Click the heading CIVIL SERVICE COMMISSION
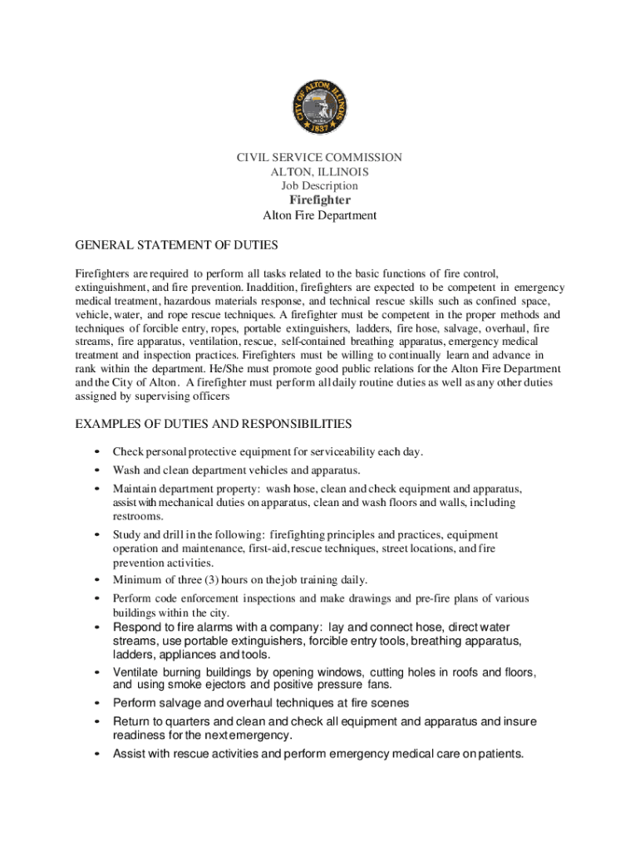(x=320, y=157)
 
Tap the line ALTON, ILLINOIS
(x=320, y=172)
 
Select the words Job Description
(x=320, y=186)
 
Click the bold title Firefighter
(x=320, y=200)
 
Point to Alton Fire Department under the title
(x=320, y=215)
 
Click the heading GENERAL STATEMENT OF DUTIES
(x=176, y=245)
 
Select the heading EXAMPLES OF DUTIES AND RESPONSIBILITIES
(x=214, y=424)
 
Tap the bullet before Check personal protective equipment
(x=98, y=453)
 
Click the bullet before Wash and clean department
(x=98, y=470)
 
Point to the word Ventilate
(x=138, y=671)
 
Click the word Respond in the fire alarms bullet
(x=137, y=627)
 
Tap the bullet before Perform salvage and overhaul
(x=98, y=704)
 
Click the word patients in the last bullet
(x=493, y=754)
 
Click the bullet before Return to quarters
(x=98, y=722)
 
